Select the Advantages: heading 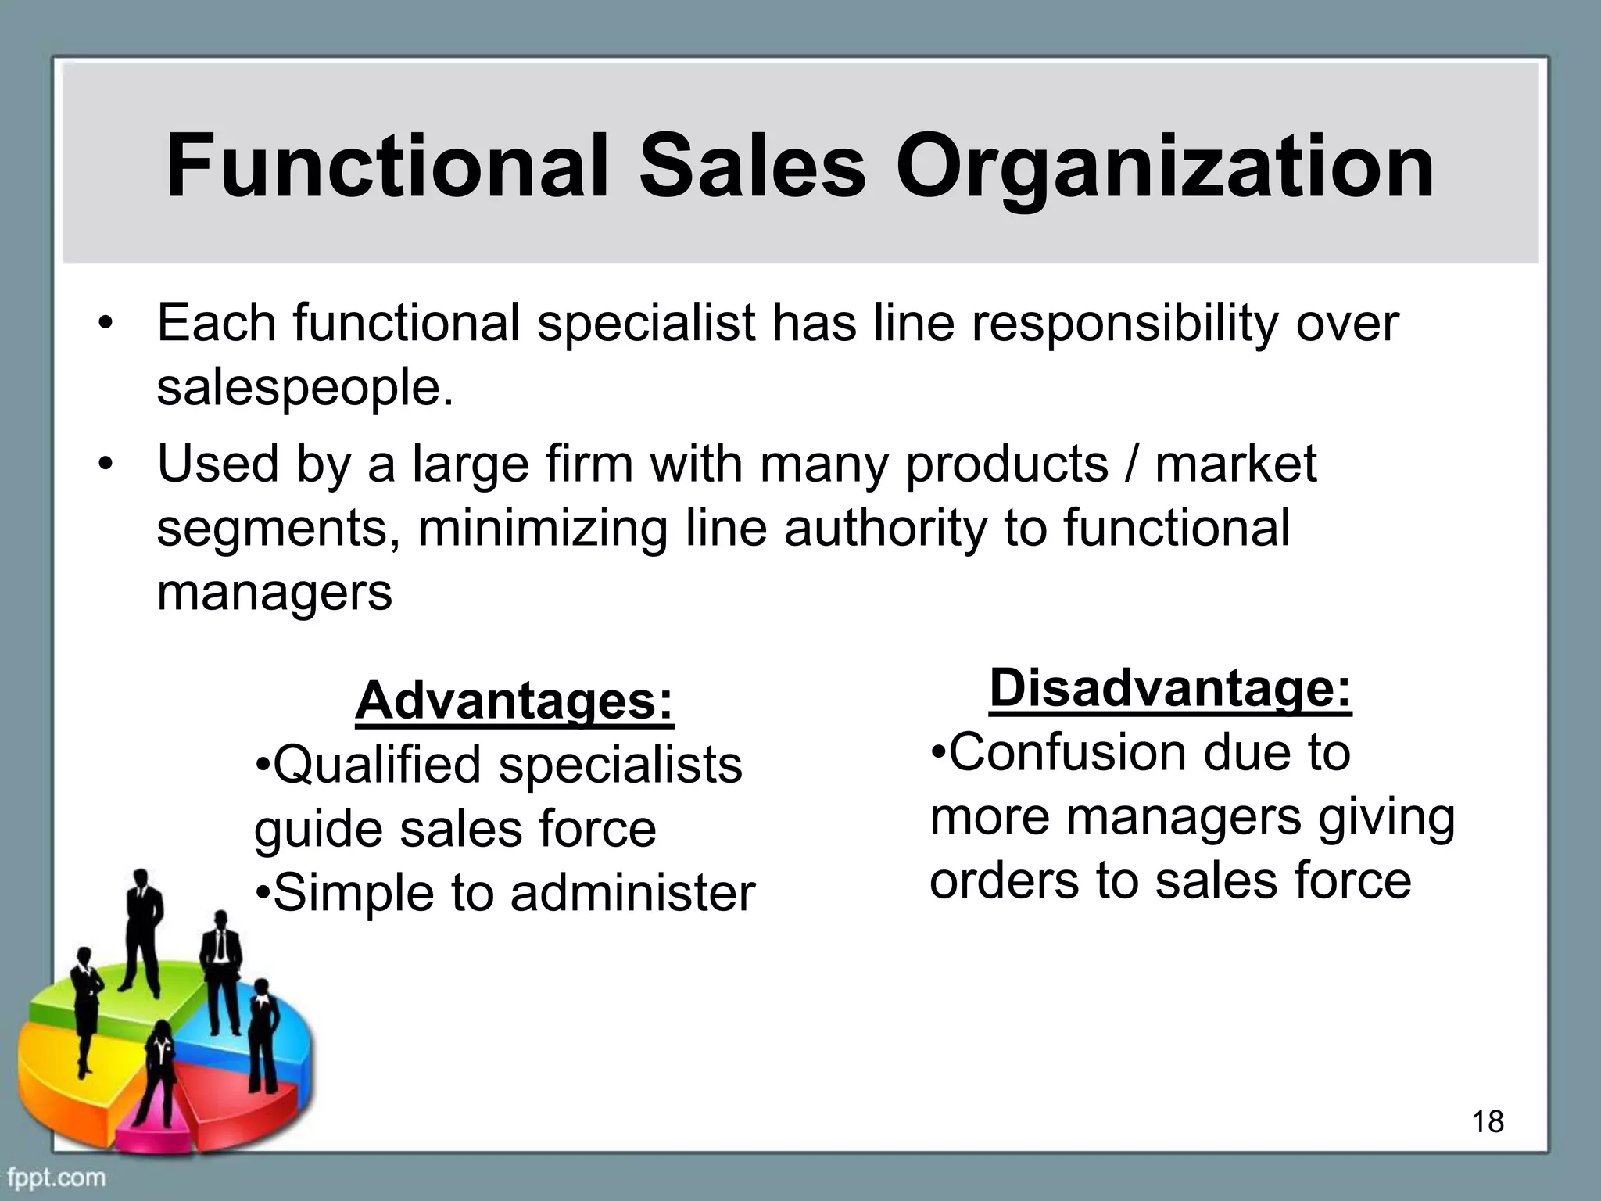[514, 701]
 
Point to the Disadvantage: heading [1170, 688]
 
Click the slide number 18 [1488, 1121]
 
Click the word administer [632, 892]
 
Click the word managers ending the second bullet [274, 592]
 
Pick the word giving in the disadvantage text [1387, 817]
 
